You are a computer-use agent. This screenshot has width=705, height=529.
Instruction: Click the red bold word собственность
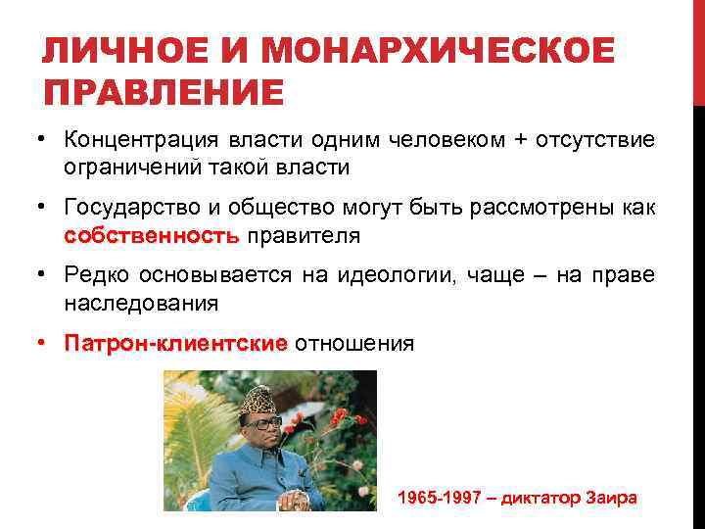pos(150,235)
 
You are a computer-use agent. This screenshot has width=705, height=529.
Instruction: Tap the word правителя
pos(304,235)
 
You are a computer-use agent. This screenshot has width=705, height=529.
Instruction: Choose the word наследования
pos(141,304)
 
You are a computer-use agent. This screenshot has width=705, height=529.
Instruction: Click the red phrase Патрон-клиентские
pos(175,344)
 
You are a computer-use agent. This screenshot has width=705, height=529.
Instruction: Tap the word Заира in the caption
pos(610,498)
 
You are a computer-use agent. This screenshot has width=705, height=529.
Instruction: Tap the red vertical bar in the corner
pos(698,49)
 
